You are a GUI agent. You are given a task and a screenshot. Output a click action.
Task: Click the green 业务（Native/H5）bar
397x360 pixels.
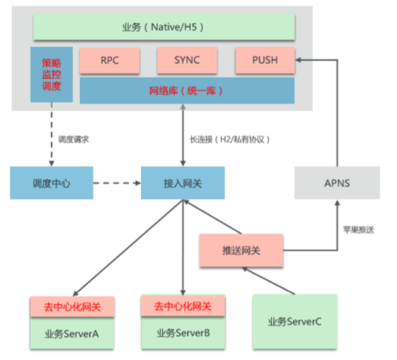pyautogui.click(x=164, y=27)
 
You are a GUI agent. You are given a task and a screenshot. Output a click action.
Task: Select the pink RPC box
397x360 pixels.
pyautogui.click(x=109, y=60)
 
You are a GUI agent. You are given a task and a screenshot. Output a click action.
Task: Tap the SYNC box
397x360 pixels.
pyautogui.click(x=187, y=60)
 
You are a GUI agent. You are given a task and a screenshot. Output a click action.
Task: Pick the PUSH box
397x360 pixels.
pyautogui.click(x=264, y=60)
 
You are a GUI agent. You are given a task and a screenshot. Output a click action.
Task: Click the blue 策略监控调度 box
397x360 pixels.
pyautogui.click(x=52, y=75)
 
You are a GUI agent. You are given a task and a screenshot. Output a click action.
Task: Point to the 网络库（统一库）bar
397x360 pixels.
pyautogui.click(x=187, y=91)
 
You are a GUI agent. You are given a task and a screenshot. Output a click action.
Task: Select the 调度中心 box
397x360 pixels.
pyautogui.click(x=51, y=183)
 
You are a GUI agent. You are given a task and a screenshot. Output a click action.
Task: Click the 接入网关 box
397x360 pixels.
pyautogui.click(x=182, y=183)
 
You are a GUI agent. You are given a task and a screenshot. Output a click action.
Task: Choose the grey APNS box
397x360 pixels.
pyautogui.click(x=337, y=183)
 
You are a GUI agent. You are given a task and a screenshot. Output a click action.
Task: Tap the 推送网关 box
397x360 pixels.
pyautogui.click(x=241, y=250)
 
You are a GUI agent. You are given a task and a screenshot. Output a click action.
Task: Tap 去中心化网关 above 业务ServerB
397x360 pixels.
pyautogui.click(x=183, y=306)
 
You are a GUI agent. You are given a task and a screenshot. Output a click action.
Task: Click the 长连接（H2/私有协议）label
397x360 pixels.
pyautogui.click(x=230, y=140)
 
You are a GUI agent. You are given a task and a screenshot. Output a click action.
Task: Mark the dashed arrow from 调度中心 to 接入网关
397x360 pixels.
pyautogui.click(x=116, y=183)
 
